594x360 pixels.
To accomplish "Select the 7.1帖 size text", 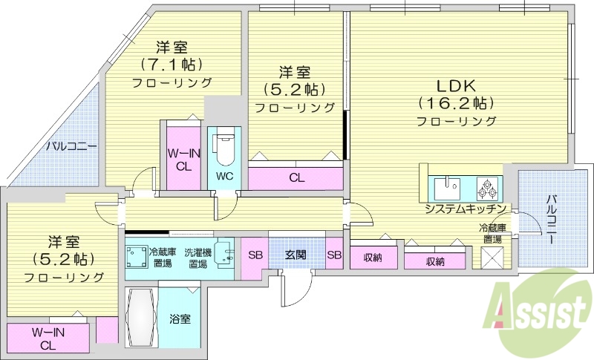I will click(172, 64).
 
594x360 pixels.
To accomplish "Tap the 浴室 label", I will click(180, 319).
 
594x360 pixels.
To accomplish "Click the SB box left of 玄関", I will click(255, 255).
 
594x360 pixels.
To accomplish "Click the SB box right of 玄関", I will click(334, 255).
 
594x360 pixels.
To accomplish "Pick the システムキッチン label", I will click(466, 209).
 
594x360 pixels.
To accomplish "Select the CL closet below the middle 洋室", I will click(296, 177).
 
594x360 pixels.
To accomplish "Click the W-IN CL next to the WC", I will click(183, 160).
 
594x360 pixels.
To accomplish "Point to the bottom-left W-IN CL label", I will click(48, 338).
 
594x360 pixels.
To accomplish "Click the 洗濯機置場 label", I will click(197, 258).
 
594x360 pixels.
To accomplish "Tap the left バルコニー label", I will click(71, 146).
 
